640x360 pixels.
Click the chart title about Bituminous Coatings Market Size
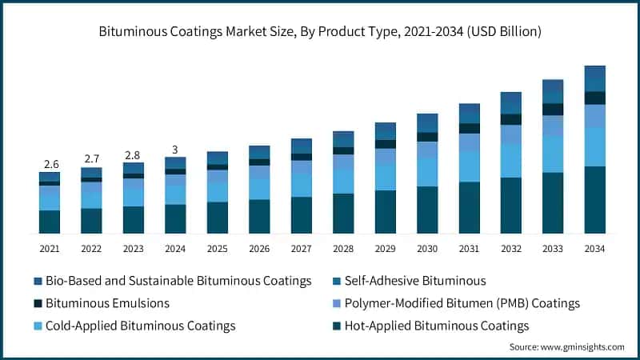320,32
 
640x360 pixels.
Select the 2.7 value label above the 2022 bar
91,158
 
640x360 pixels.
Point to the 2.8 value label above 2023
133,154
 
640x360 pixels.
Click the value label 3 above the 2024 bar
175,149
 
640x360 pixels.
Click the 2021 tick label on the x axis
50,249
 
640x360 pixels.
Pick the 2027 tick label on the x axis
301,249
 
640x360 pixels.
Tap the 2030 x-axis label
427,249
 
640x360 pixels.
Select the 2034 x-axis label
594,249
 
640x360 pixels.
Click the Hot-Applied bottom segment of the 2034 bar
594,200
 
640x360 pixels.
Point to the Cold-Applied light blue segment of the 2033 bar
553,154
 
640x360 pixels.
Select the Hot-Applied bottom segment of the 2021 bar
50,222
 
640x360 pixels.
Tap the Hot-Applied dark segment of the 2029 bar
385,212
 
